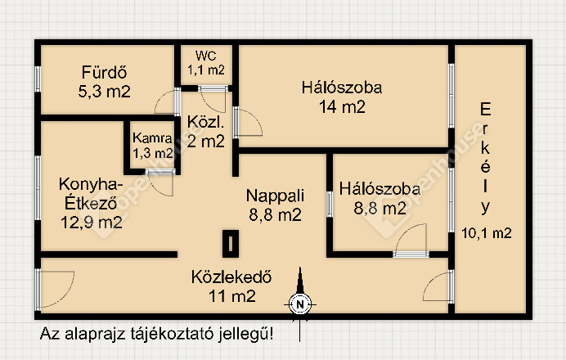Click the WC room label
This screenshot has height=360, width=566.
click(x=206, y=56)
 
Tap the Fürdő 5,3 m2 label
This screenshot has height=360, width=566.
click(x=105, y=82)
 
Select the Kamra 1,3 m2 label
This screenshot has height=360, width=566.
click(x=152, y=146)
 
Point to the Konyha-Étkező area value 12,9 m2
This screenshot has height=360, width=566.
click(x=92, y=222)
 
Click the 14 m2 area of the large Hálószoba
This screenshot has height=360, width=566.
click(x=342, y=107)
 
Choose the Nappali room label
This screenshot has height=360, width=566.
click(x=275, y=196)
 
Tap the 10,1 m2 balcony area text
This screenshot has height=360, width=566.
click(x=487, y=233)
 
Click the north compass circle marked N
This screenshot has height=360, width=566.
click(x=299, y=304)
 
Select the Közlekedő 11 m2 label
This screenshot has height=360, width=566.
click(x=231, y=286)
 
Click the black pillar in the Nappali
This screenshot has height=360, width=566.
click(x=231, y=244)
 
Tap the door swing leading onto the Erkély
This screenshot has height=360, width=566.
click(x=436, y=286)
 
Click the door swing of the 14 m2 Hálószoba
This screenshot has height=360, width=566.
click(x=249, y=123)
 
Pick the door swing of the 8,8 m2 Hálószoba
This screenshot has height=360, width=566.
click(x=411, y=237)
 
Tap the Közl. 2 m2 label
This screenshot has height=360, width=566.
click(x=206, y=132)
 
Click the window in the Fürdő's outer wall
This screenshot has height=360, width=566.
click(x=38, y=79)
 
